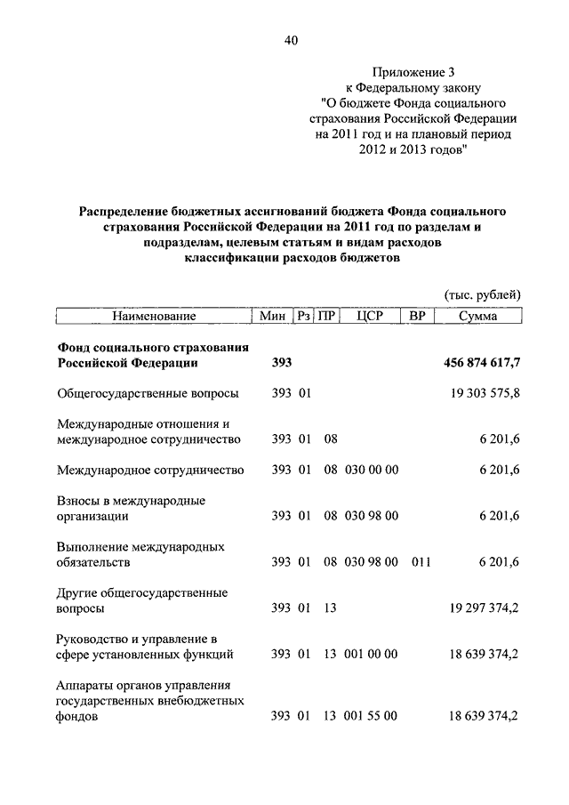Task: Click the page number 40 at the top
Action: pos(291,40)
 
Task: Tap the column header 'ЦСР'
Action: pos(368,316)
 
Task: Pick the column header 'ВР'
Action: pos(418,316)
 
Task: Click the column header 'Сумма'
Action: pos(478,316)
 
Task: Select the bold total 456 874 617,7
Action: pos(481,363)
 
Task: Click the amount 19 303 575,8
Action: pos(485,392)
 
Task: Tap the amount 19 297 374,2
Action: pos(485,608)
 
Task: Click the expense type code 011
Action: pos(421,562)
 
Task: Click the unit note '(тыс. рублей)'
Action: pos(481,294)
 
